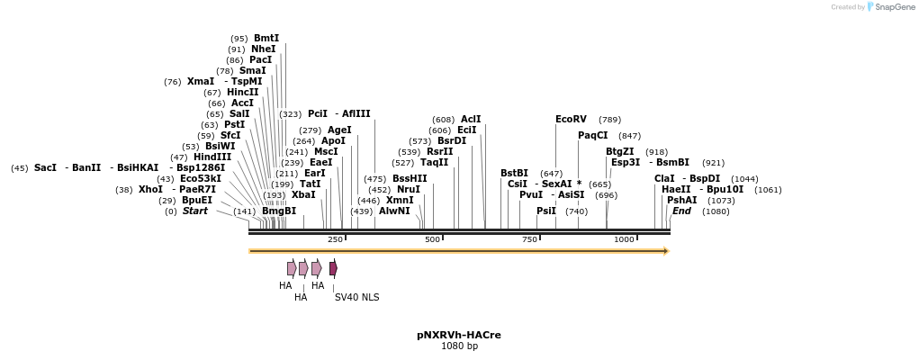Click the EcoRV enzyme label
(571, 120)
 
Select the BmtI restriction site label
(266, 39)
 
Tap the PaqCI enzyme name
(593, 136)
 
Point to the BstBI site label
(514, 174)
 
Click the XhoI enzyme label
(150, 190)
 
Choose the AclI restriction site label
(471, 120)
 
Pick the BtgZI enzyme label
(619, 152)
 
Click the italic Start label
(195, 211)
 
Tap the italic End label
(681, 211)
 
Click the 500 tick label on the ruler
(433, 239)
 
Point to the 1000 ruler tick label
(624, 239)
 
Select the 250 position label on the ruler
(336, 239)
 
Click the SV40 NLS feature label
(356, 297)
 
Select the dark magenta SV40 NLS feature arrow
(333, 268)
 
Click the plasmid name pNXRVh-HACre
(459, 335)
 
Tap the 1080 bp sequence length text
(459, 346)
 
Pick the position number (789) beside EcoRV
(609, 120)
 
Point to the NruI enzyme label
(408, 190)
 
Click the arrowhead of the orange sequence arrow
(666, 251)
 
